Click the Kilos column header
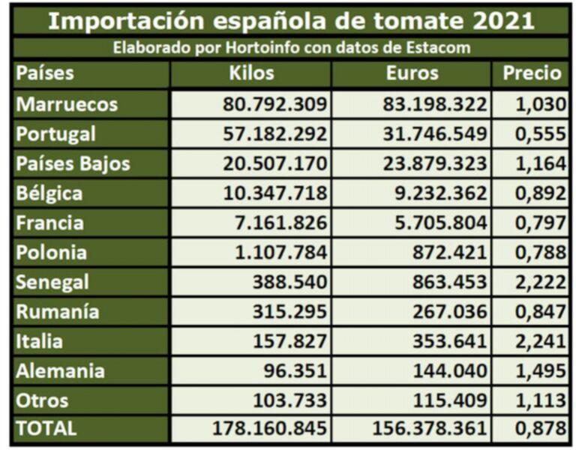tap(251, 74)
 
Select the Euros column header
tap(412, 74)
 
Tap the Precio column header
tap(532, 74)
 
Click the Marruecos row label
tap(67, 104)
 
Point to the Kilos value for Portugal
tap(274, 134)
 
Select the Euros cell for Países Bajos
tap(436, 163)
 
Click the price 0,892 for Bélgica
tap(540, 193)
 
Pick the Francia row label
tap(49, 223)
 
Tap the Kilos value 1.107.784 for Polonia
tap(280, 253)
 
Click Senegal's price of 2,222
tap(540, 283)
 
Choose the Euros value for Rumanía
tap(448, 312)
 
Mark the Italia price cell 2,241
tap(540, 342)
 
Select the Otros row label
tap(42, 400)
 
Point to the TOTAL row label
tap(46, 429)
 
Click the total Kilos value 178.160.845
tap(268, 430)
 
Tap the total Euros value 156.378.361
tap(430, 430)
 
